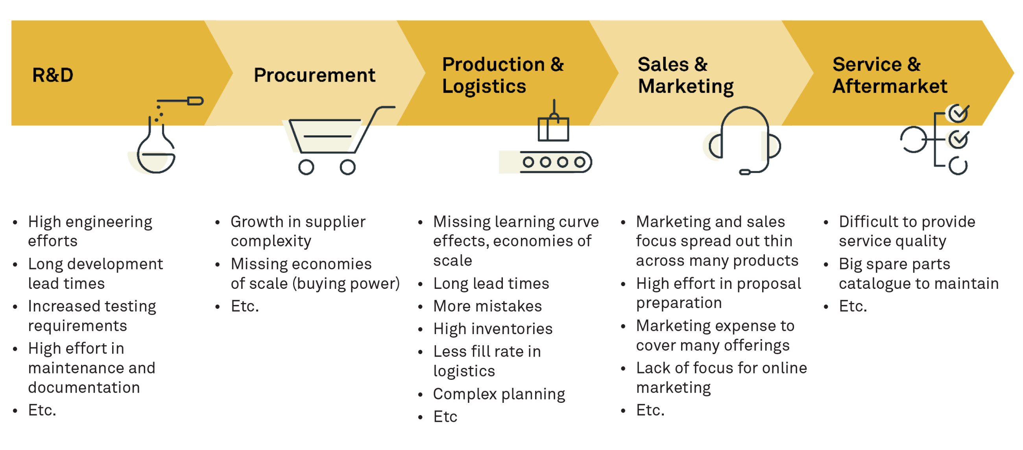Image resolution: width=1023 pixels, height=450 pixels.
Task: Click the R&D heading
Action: [x=53, y=75]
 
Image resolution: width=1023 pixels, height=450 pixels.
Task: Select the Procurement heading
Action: [x=314, y=75]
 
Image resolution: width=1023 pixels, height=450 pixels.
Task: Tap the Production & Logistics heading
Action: [x=502, y=75]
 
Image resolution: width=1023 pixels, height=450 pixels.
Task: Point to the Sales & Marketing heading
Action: [x=685, y=75]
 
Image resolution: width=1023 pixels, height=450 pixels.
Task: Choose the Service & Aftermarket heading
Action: [x=890, y=75]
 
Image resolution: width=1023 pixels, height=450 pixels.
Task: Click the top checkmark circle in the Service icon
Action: [x=958, y=114]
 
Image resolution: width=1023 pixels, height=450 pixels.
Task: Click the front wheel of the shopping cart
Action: [x=347, y=167]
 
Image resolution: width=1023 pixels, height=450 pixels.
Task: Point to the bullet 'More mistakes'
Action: [x=487, y=306]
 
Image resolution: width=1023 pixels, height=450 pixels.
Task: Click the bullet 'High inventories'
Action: [x=493, y=329]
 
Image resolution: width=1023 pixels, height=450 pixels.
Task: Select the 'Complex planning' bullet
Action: [x=499, y=394]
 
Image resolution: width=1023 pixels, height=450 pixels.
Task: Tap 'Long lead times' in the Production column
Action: [x=491, y=283]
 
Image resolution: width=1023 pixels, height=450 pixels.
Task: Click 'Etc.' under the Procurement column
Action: [x=245, y=306]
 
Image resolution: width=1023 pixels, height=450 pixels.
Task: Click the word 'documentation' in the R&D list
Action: [x=84, y=387]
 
